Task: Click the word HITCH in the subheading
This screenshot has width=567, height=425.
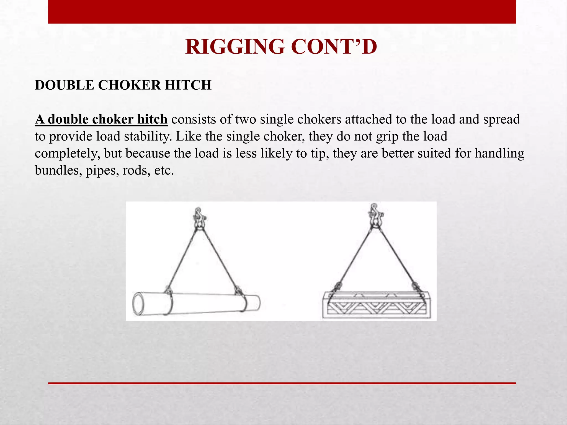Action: [188, 85]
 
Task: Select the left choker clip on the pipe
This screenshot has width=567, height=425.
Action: [168, 289]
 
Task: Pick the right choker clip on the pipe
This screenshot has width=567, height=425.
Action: [238, 291]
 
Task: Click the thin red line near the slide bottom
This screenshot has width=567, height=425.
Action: [282, 383]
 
